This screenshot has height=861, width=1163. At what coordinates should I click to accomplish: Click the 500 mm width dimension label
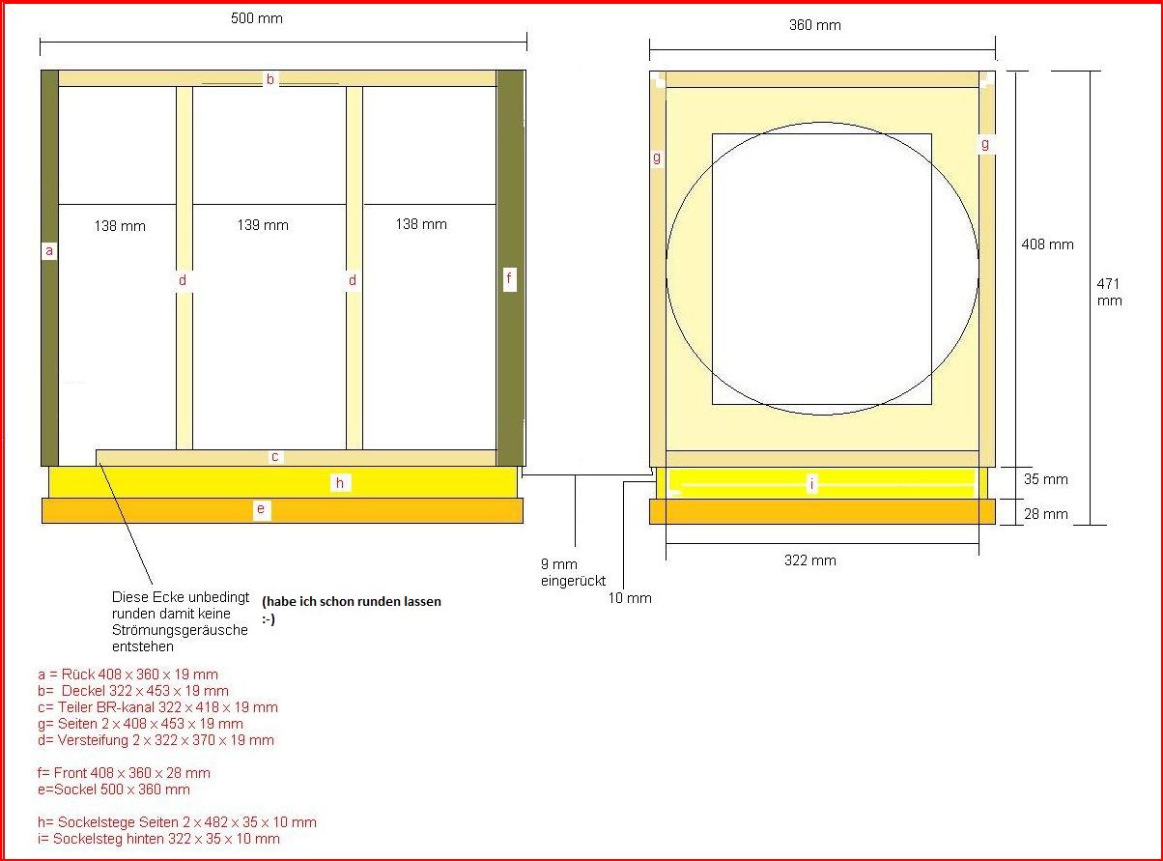(256, 18)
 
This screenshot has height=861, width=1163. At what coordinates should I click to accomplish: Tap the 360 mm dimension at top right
(815, 25)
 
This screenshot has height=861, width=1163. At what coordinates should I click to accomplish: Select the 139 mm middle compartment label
(263, 225)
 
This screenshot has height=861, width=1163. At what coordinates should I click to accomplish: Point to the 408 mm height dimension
(1047, 244)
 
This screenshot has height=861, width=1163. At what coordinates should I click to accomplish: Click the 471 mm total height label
(1109, 292)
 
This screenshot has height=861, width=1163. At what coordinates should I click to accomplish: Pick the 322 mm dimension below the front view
(810, 560)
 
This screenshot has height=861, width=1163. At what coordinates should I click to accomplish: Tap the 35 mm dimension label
(1045, 479)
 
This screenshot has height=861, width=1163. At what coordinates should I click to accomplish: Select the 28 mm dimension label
(1045, 514)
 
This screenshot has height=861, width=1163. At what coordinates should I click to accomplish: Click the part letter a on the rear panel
(49, 251)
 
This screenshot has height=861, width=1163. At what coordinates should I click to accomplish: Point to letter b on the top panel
(270, 79)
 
